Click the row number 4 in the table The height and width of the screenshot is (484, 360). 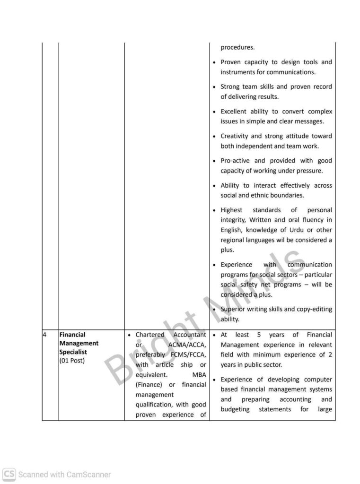[44, 335]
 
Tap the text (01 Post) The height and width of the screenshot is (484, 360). [72, 361]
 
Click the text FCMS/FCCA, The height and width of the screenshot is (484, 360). [186, 354]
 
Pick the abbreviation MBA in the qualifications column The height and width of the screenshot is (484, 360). [199, 374]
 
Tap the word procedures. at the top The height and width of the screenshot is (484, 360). [237, 47]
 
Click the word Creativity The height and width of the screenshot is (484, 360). [236, 136]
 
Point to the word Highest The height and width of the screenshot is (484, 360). [231, 210]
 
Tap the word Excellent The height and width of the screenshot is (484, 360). [235, 112]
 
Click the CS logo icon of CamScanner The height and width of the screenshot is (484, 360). [9, 474]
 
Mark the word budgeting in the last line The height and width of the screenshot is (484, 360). [235, 409]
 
